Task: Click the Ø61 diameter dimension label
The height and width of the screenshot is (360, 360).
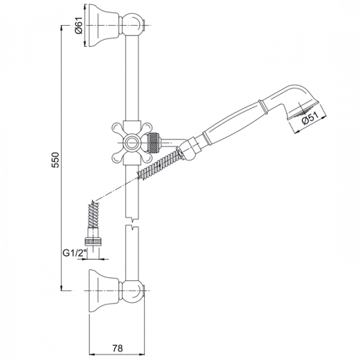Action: [x=79, y=26]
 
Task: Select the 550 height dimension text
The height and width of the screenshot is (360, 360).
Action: [x=56, y=160]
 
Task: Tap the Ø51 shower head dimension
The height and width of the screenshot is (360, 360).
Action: [x=310, y=118]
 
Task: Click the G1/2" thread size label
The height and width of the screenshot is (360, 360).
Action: [x=75, y=253]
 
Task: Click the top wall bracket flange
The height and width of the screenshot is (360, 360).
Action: [x=104, y=25]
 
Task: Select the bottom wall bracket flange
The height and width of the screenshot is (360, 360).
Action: [x=104, y=291]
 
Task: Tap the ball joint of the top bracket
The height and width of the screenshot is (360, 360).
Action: [x=132, y=25]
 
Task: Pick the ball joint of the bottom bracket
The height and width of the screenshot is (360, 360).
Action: [x=132, y=291]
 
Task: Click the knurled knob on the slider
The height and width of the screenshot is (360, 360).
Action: [x=154, y=143]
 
